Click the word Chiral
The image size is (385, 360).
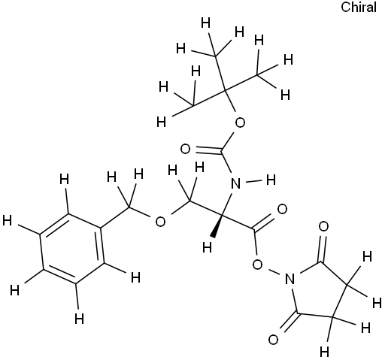(359, 8)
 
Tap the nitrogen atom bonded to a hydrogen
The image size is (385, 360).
(235, 183)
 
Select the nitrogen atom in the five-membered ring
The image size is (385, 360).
(290, 279)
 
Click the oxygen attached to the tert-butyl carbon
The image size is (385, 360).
(240, 123)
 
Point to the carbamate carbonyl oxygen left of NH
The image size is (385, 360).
(185, 150)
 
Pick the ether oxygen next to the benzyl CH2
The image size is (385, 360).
(160, 222)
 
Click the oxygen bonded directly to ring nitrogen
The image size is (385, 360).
(258, 265)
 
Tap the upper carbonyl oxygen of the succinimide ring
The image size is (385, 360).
(323, 227)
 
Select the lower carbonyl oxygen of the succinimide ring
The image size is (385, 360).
(273, 340)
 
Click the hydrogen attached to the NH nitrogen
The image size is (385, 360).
(271, 180)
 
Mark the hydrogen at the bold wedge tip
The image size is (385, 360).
(208, 247)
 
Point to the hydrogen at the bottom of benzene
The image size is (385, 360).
(80, 319)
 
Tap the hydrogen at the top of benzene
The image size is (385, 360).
(64, 179)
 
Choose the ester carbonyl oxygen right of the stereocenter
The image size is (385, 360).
(283, 209)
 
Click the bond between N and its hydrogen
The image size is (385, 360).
(253, 181)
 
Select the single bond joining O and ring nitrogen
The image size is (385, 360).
(274, 271)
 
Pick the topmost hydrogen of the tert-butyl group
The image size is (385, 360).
(206, 23)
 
